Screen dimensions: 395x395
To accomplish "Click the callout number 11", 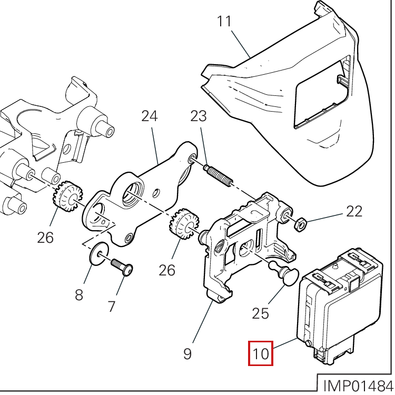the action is click(x=224, y=21).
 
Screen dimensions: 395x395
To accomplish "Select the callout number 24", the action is click(x=150, y=116).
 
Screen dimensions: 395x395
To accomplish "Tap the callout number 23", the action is click(x=198, y=116).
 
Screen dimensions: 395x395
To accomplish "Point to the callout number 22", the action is click(x=354, y=211).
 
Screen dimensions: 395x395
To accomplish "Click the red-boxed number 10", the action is click(x=261, y=353).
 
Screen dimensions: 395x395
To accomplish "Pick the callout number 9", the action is click(x=187, y=354).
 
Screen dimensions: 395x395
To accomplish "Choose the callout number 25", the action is click(x=261, y=314).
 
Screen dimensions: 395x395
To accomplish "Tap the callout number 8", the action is click(x=79, y=294).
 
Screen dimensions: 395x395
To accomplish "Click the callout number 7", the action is click(x=111, y=307).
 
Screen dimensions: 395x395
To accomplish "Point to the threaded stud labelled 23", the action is click(x=218, y=175).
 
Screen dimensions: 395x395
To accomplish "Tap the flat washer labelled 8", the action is click(x=99, y=254).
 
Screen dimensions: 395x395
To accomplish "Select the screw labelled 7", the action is click(x=122, y=267).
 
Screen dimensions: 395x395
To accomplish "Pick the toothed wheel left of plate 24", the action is click(x=67, y=196).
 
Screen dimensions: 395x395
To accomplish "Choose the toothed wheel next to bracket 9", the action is click(x=184, y=223).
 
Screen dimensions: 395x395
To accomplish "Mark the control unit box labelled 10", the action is click(x=340, y=305).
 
